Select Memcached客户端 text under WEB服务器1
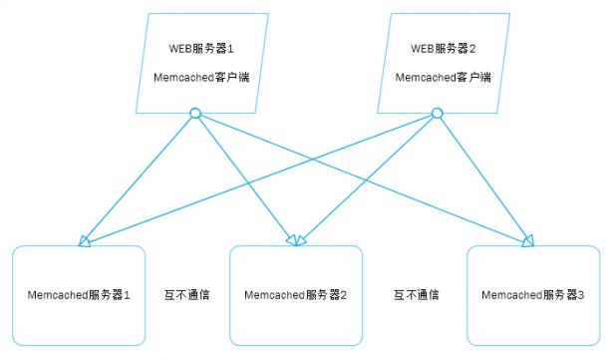coord(201,77)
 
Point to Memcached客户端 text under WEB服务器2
coord(444,77)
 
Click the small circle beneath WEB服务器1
coord(195,114)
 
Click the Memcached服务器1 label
coord(79,295)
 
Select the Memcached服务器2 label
coord(296,295)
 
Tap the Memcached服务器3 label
coord(533,295)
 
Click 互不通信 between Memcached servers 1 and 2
coord(186,295)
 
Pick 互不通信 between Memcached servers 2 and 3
coord(417,295)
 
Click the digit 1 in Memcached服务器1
coord(128,295)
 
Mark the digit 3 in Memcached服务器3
coord(582,295)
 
